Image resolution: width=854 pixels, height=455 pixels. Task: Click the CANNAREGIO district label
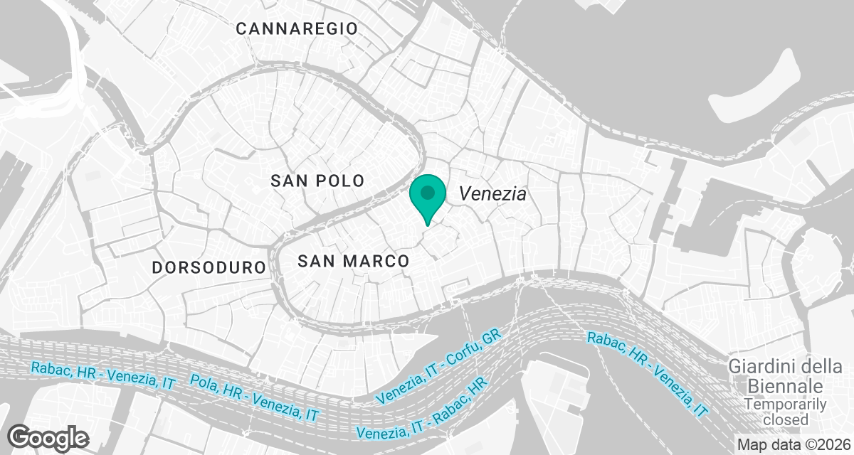297,28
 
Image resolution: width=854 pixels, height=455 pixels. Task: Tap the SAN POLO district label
317,181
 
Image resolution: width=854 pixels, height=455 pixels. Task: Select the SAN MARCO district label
354,262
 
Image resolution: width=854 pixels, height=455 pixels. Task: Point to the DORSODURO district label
209,268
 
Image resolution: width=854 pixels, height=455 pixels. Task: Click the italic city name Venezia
492,193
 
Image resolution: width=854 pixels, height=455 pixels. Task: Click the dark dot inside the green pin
428,192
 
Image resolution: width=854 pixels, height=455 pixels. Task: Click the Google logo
48,437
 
